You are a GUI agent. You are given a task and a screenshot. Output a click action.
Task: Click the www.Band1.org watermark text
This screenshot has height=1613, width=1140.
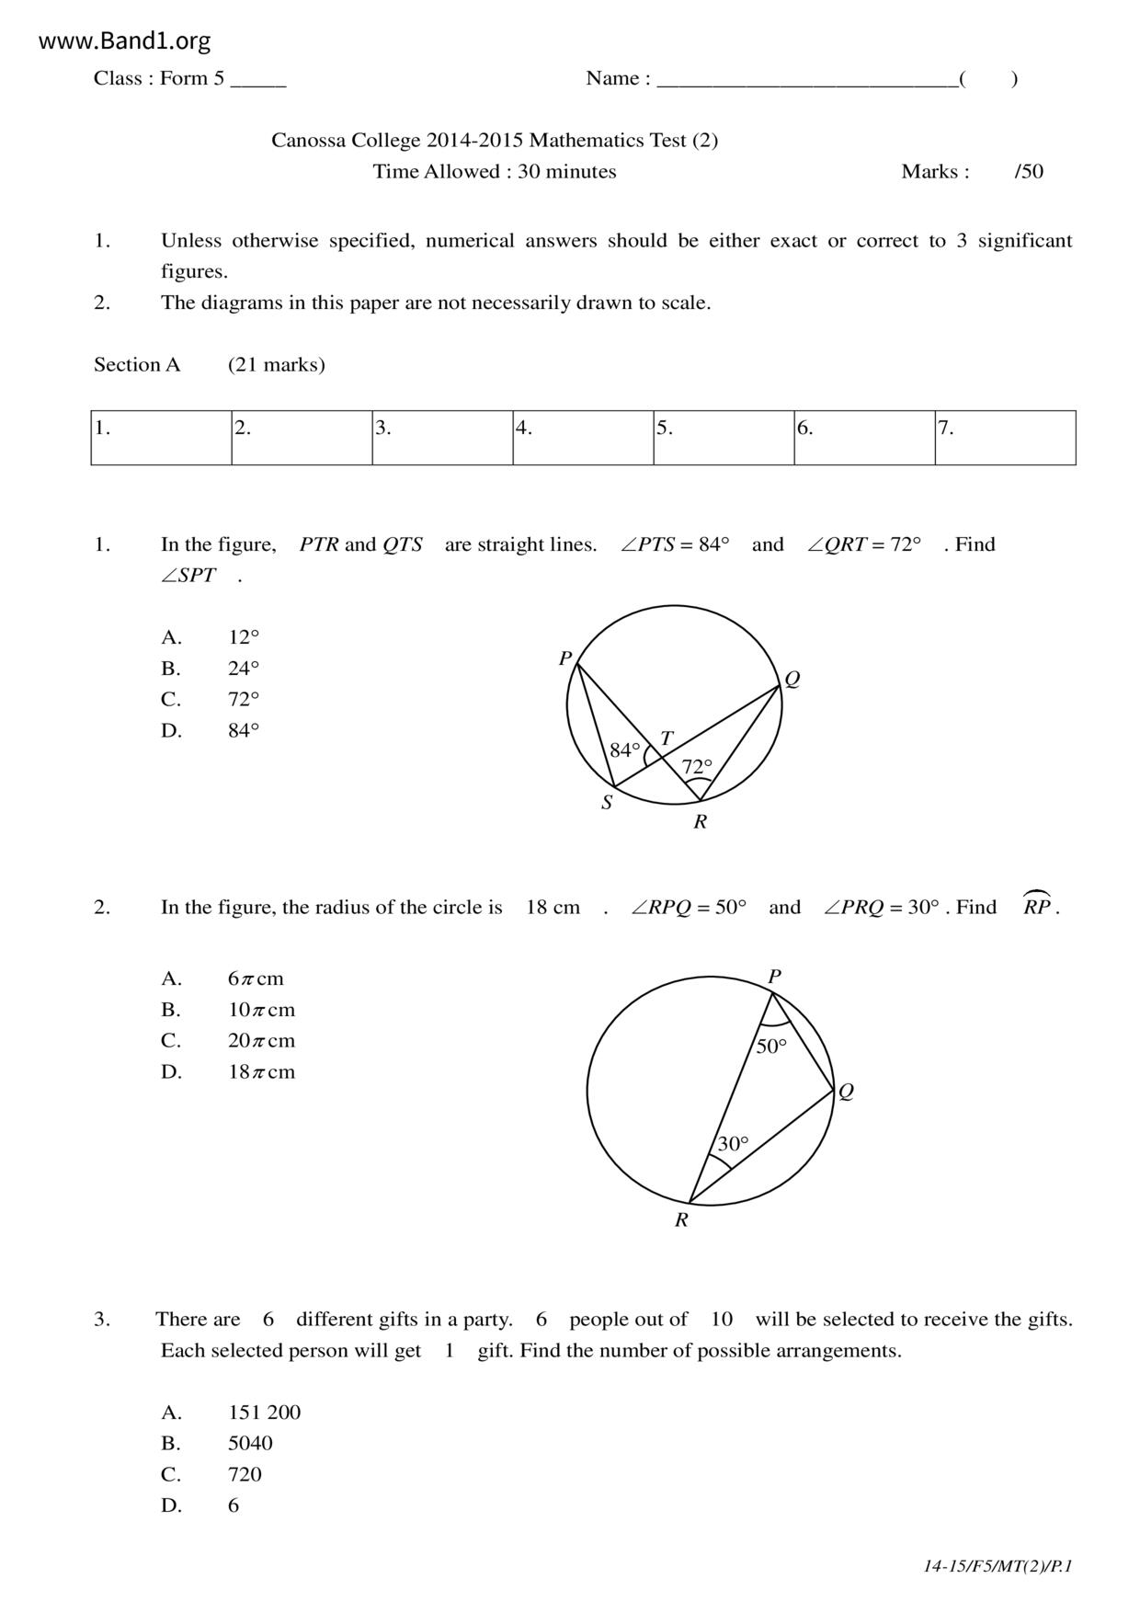[125, 41]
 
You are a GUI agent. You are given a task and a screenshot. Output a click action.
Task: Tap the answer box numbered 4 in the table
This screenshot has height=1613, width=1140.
[583, 438]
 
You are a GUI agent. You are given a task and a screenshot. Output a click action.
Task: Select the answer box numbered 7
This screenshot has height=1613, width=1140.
[1005, 438]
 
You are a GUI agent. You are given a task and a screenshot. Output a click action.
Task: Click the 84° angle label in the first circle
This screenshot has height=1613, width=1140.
[625, 750]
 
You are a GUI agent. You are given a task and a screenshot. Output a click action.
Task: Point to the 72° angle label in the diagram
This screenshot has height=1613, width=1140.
[697, 766]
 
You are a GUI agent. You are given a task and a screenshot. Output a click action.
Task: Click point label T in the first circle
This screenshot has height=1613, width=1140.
[667, 738]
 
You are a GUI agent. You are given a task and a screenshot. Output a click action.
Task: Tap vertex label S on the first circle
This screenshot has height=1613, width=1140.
[607, 803]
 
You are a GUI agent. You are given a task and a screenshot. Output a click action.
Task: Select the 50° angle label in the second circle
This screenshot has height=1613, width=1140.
[771, 1047]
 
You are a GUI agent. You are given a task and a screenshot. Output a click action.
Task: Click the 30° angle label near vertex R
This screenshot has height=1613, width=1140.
[733, 1144]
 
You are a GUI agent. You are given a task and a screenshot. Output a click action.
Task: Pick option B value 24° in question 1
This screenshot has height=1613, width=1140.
[244, 669]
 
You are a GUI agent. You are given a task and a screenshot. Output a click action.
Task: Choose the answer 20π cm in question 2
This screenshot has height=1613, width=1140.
[261, 1041]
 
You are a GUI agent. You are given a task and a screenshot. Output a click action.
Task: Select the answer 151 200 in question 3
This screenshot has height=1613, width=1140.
[264, 1413]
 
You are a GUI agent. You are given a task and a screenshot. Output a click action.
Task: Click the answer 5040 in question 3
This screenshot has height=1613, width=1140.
[250, 1444]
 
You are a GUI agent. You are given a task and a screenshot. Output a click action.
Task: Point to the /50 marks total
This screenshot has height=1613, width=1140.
[1029, 172]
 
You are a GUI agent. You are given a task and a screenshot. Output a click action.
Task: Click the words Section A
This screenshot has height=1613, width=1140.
[137, 365]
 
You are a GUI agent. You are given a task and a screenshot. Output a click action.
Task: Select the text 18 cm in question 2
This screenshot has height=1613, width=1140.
[553, 908]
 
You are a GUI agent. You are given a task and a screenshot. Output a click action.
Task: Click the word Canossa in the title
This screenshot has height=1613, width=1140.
[307, 141]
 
